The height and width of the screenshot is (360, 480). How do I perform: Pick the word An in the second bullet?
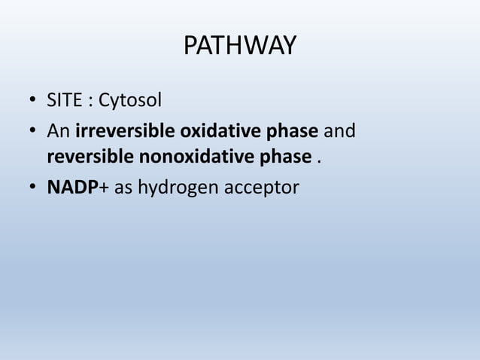[x=59, y=133]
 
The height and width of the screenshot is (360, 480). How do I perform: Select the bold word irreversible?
[x=124, y=133]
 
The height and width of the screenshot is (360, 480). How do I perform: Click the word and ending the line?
[x=339, y=133]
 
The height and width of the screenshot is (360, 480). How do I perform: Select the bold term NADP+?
[x=78, y=186]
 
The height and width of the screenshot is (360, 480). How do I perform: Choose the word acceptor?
[x=262, y=186]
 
